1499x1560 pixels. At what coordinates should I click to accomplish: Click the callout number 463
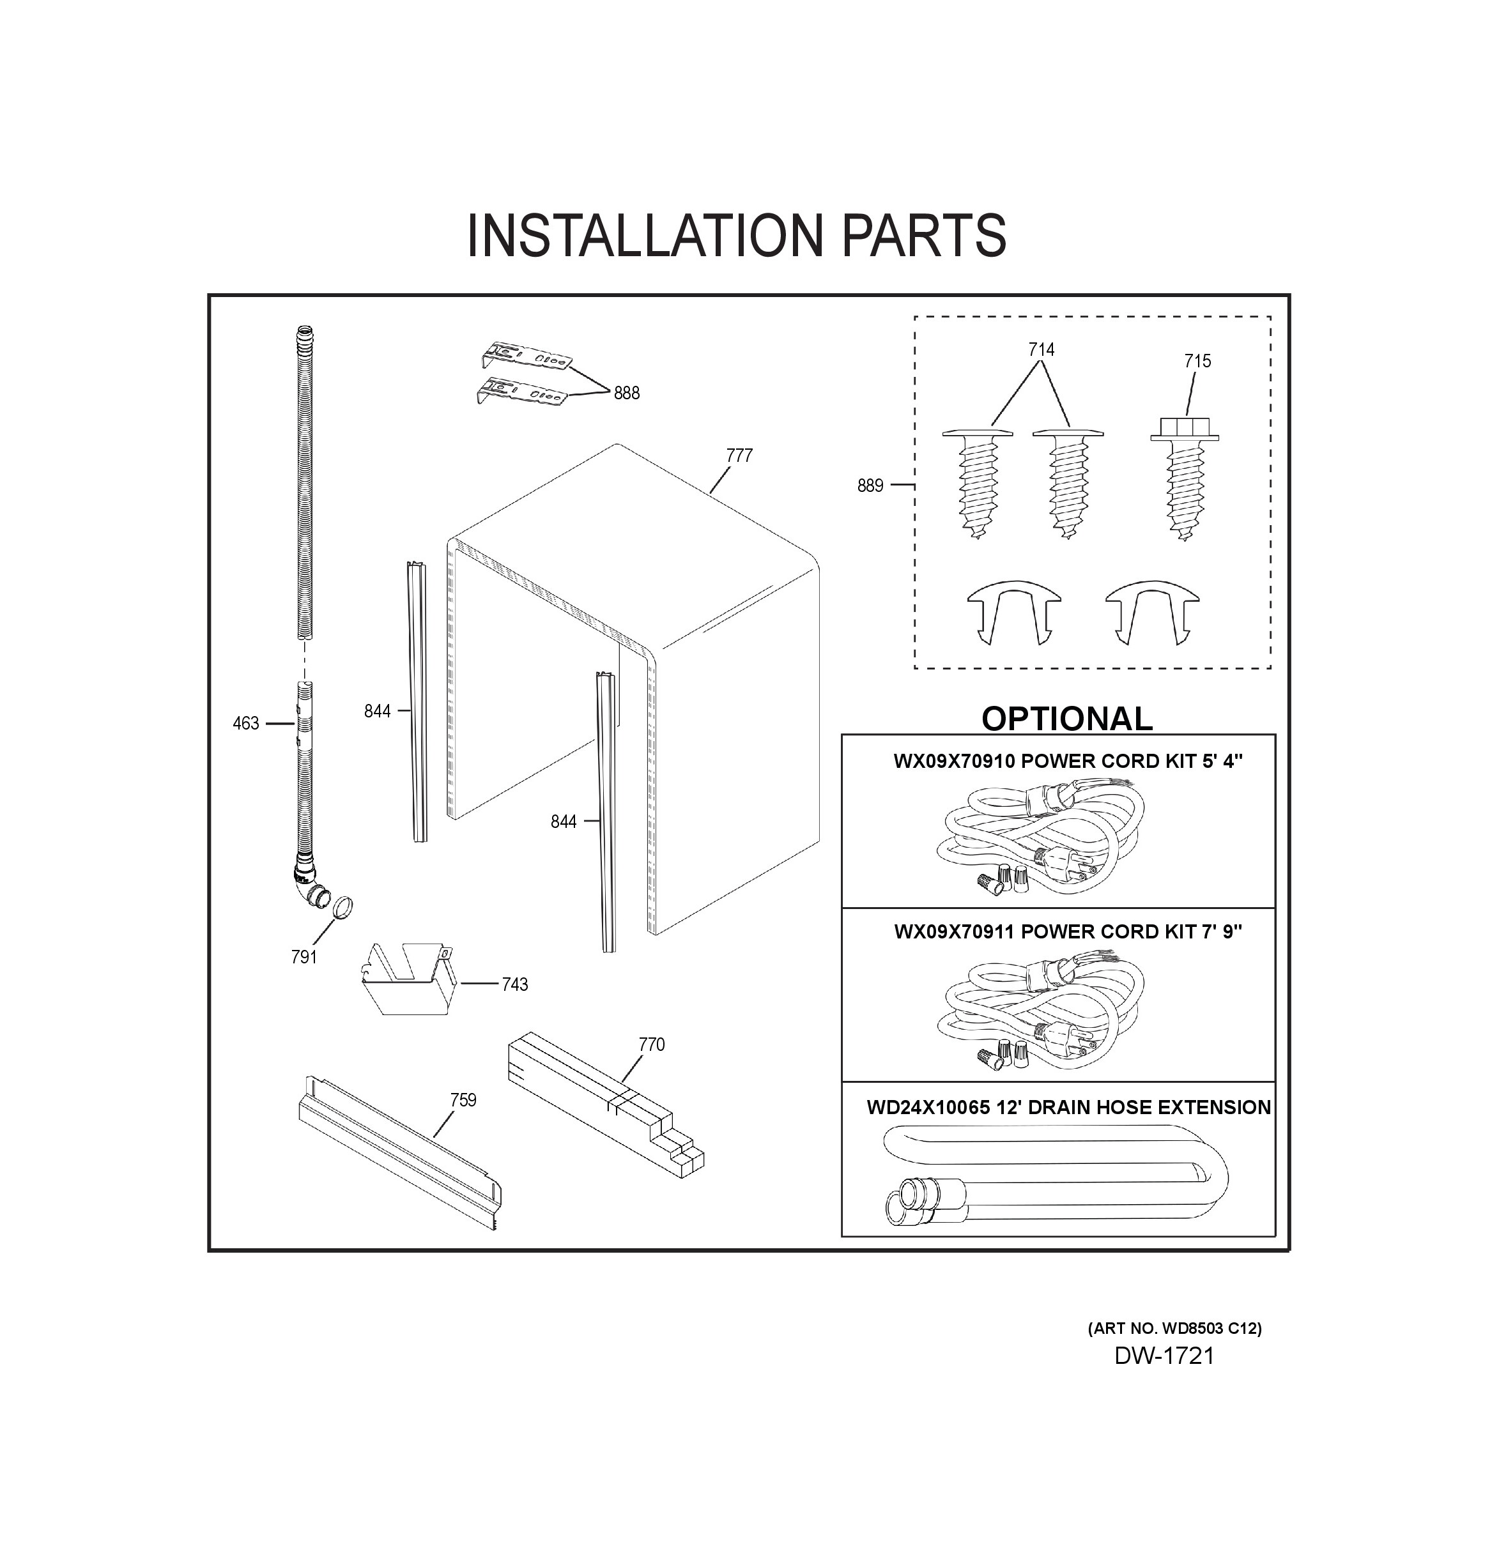click(245, 724)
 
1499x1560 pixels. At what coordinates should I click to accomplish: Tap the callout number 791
click(304, 958)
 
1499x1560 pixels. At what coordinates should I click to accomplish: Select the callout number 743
click(514, 984)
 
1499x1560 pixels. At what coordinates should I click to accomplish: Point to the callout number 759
click(463, 1100)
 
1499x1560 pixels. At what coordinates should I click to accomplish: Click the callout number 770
click(651, 1044)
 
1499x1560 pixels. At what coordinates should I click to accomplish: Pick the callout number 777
click(739, 455)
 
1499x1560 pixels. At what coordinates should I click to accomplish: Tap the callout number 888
click(627, 393)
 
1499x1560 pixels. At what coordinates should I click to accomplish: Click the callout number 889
click(870, 486)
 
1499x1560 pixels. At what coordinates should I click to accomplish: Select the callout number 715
click(1197, 362)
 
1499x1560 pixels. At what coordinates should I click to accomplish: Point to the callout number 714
click(1042, 349)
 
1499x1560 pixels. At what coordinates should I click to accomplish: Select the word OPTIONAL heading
click(1066, 719)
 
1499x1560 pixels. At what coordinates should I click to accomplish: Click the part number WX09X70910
click(955, 761)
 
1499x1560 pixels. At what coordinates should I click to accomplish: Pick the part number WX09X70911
click(955, 931)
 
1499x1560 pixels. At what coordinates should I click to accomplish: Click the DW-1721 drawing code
click(1164, 1356)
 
